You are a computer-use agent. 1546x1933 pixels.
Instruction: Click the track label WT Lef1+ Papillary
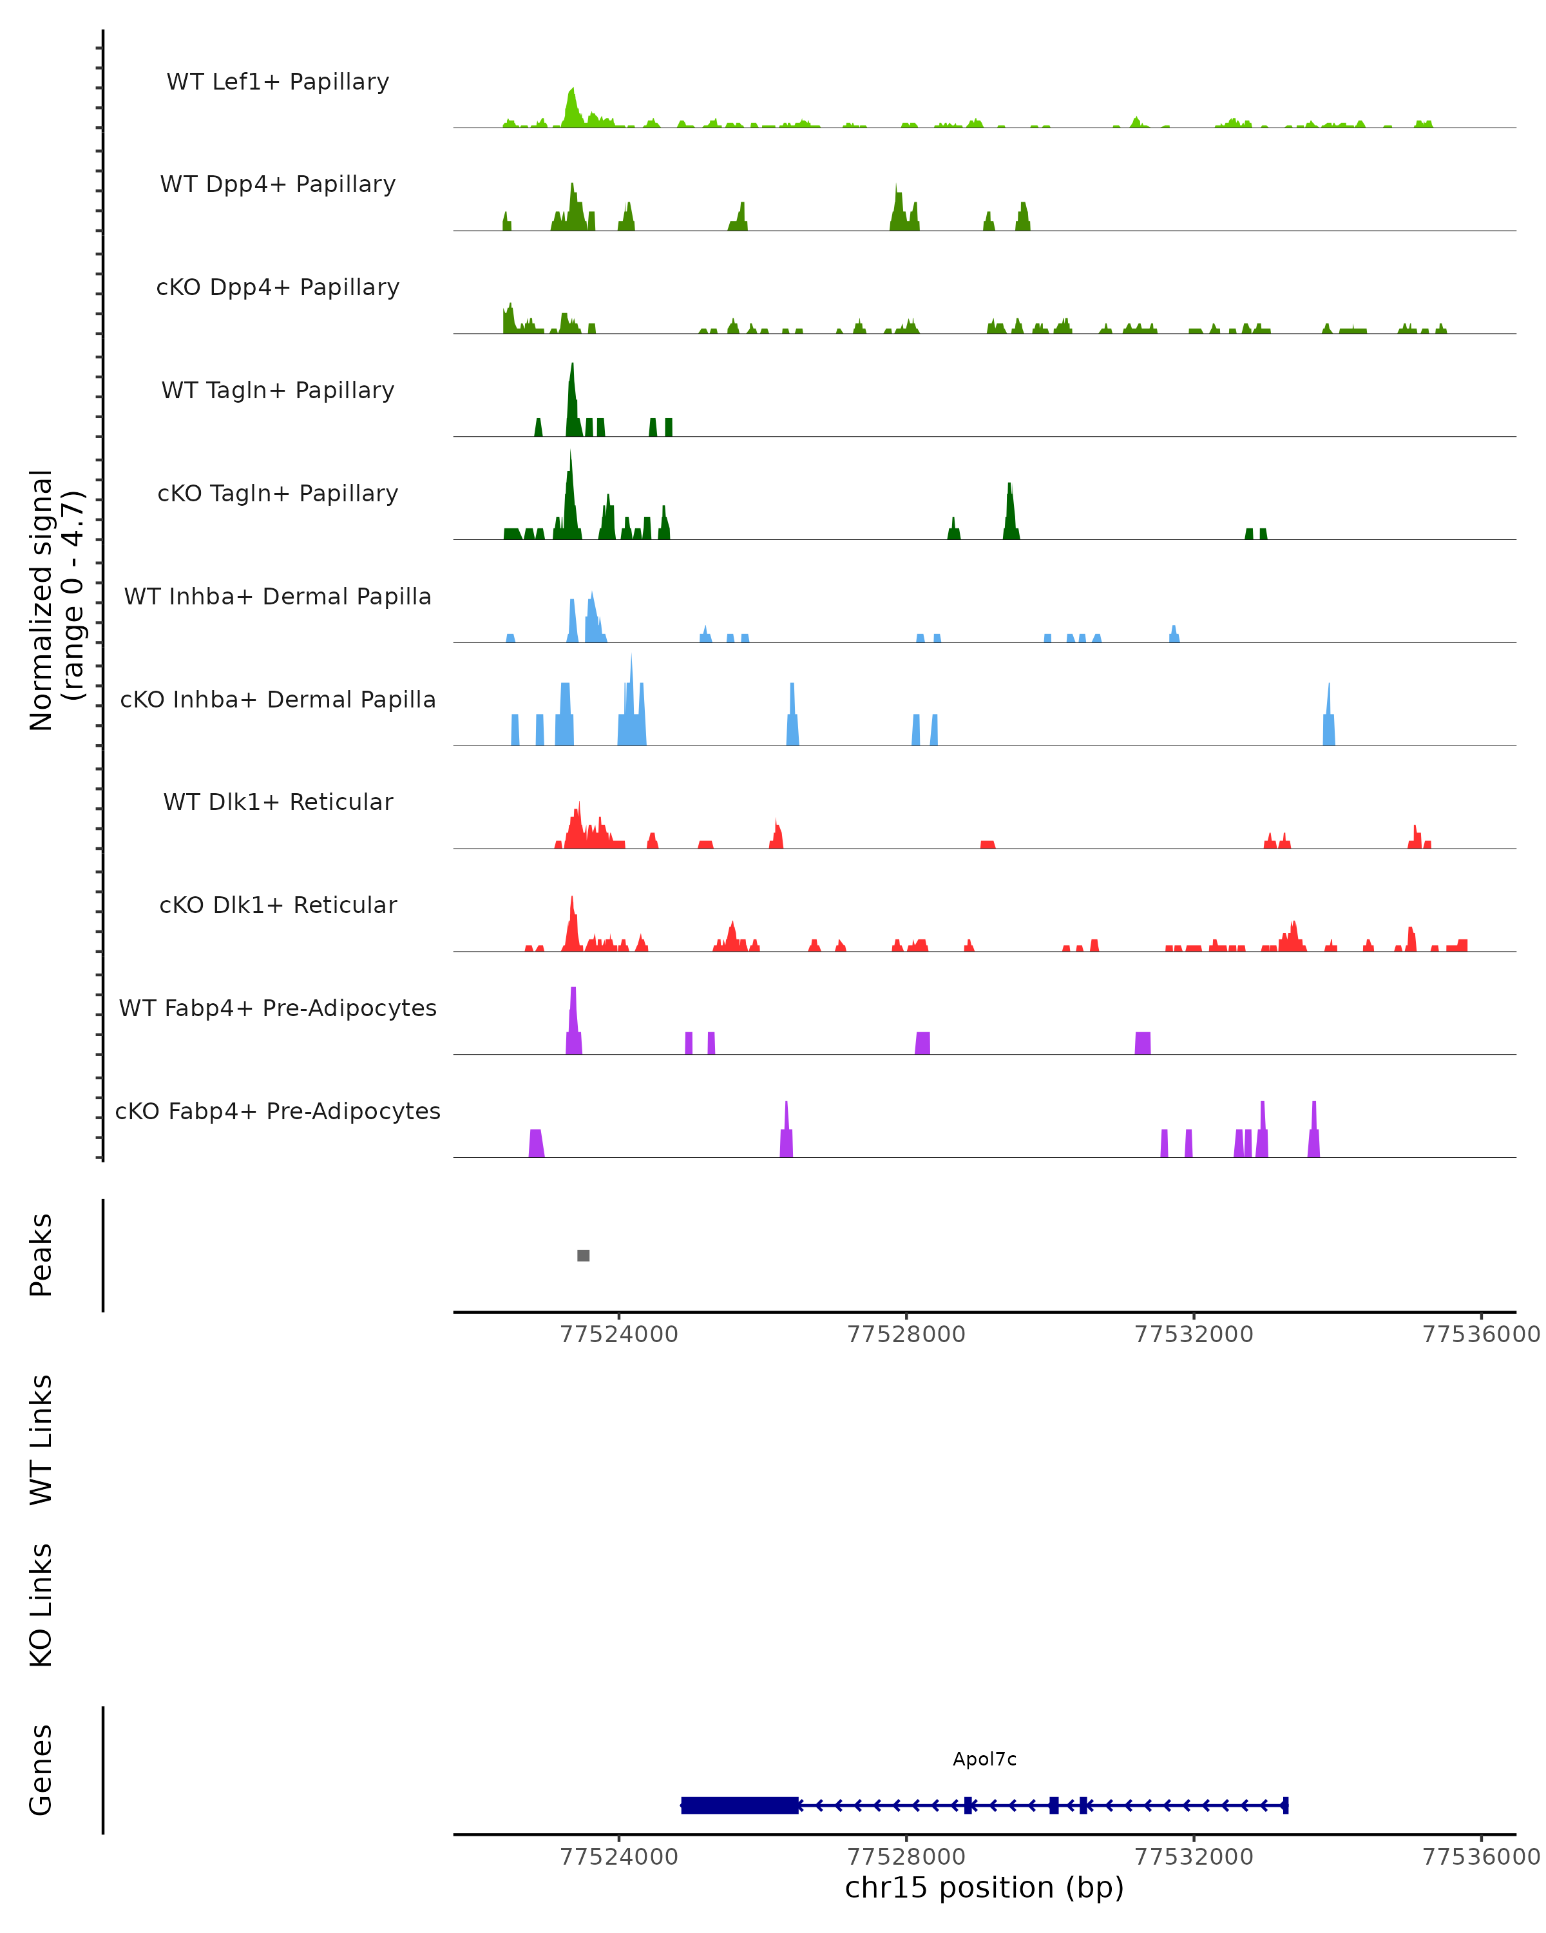coord(278,82)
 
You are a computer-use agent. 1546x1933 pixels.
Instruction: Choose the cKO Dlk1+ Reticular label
coord(278,905)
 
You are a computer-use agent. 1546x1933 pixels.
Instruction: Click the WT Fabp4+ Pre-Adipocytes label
coord(278,1008)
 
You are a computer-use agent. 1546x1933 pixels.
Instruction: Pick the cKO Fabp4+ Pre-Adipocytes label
coord(278,1111)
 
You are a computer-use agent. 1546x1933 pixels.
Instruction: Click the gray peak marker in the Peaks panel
coord(584,1255)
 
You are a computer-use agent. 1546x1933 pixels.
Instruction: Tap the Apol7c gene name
coord(984,1759)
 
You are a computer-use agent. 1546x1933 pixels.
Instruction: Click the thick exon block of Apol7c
coord(740,1805)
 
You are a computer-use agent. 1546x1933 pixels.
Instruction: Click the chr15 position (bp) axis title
coord(984,1887)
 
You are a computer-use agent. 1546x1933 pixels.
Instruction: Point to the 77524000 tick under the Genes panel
coord(618,1856)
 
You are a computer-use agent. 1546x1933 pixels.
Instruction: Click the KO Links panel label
coord(41,1605)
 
